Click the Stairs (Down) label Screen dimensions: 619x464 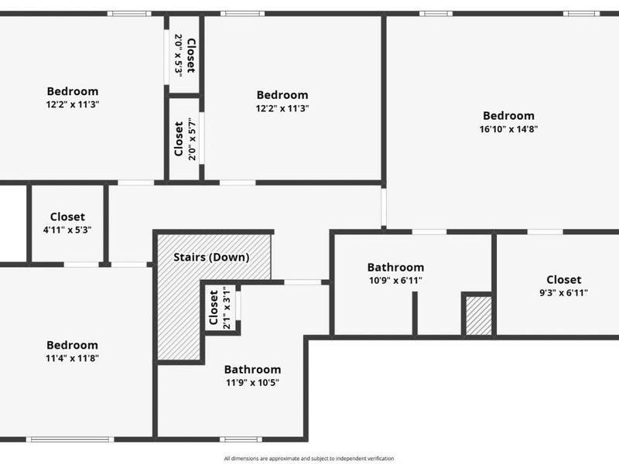pyautogui.click(x=211, y=258)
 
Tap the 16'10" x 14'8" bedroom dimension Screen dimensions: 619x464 pyautogui.click(x=508, y=129)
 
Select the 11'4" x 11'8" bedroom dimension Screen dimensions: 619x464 pyautogui.click(x=72, y=358)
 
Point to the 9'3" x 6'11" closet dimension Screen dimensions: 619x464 pyautogui.click(x=563, y=293)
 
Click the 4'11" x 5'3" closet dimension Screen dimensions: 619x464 pyautogui.click(x=67, y=230)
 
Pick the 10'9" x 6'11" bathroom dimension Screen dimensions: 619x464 pyautogui.click(x=395, y=281)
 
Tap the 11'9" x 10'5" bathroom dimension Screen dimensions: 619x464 pyautogui.click(x=252, y=383)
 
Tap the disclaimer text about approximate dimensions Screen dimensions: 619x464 pyautogui.click(x=309, y=459)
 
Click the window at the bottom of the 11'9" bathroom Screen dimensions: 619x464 pyautogui.click(x=241, y=439)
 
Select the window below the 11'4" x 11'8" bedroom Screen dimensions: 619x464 pyautogui.click(x=70, y=439)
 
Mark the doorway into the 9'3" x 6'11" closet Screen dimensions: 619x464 pyautogui.click(x=545, y=232)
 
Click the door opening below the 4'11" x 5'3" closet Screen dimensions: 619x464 pyautogui.click(x=81, y=264)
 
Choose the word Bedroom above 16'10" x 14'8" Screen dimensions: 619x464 pyautogui.click(x=508, y=115)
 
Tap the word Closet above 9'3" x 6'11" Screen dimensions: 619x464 pyautogui.click(x=564, y=280)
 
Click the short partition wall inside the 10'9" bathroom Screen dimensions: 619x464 pyautogui.click(x=415, y=314)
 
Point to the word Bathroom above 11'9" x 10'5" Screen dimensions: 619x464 pyautogui.click(x=253, y=370)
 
